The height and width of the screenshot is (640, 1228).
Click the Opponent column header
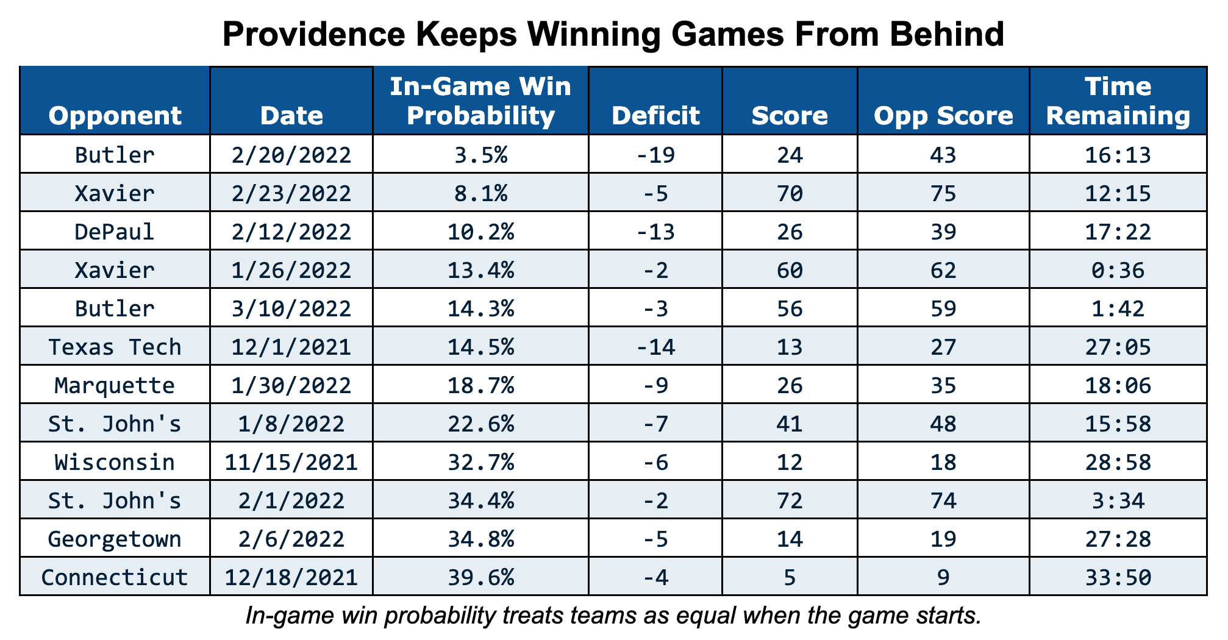[115, 115]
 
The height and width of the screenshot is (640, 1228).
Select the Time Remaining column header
[1118, 101]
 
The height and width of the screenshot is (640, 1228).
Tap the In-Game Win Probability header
[480, 101]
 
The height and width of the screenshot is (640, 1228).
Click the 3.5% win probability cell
[480, 155]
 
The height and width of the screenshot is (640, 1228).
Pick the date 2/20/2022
[291, 155]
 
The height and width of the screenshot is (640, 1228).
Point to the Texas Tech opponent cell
[115, 347]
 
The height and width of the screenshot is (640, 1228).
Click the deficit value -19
[655, 155]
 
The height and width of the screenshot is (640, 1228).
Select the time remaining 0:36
[1118, 270]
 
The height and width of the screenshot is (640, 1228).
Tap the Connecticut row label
[115, 577]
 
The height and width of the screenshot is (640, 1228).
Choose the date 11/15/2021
[291, 462]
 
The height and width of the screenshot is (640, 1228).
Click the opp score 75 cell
[943, 193]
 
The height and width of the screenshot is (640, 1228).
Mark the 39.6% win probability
[480, 577]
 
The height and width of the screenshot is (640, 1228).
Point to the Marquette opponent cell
[115, 385]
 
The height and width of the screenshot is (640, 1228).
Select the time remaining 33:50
[1118, 577]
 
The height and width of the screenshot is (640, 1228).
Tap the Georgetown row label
[115, 539]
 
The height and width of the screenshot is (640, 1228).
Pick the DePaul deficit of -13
[655, 232]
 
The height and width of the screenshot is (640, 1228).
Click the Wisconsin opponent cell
[115, 462]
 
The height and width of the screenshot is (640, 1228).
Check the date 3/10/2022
[291, 308]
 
